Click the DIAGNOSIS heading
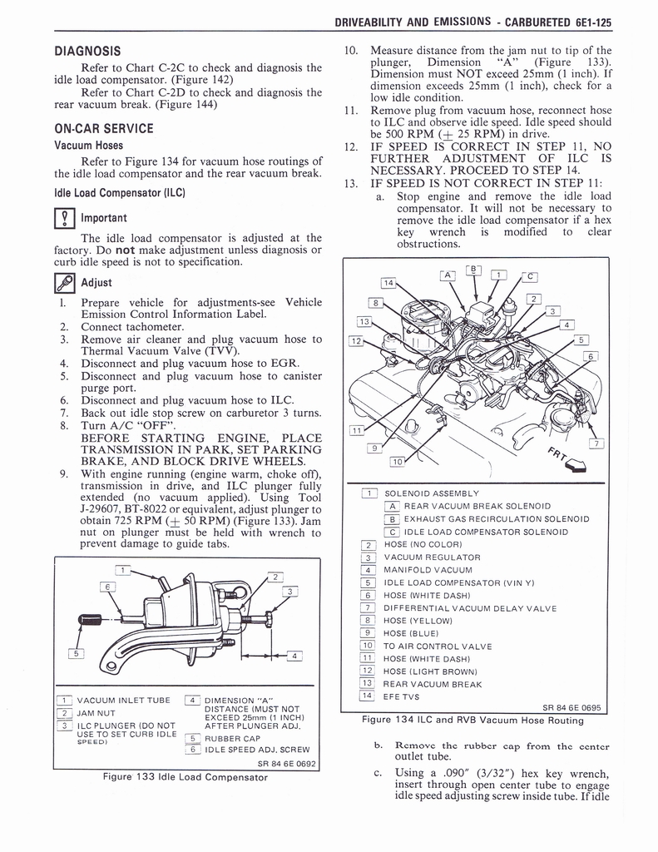(x=87, y=51)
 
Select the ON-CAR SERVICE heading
(x=103, y=129)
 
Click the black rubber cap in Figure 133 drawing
(x=89, y=620)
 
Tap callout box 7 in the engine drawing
(x=596, y=443)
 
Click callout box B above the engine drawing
(x=474, y=269)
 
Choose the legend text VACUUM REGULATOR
(x=433, y=557)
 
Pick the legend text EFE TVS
(x=402, y=696)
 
